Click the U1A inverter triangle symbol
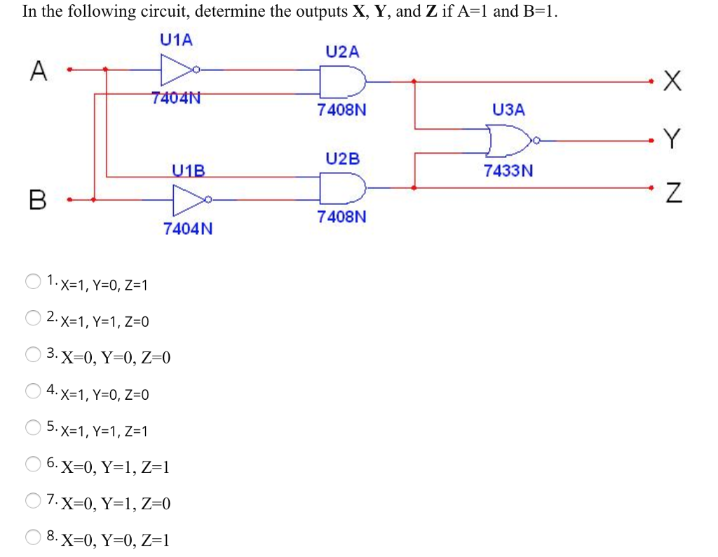pyautogui.click(x=175, y=69)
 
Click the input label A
pyautogui.click(x=39, y=71)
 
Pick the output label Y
pyautogui.click(x=672, y=140)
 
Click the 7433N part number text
pyautogui.click(x=508, y=170)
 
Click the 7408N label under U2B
pyautogui.click(x=341, y=217)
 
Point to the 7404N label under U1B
pyautogui.click(x=187, y=229)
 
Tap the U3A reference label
pyautogui.click(x=508, y=109)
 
